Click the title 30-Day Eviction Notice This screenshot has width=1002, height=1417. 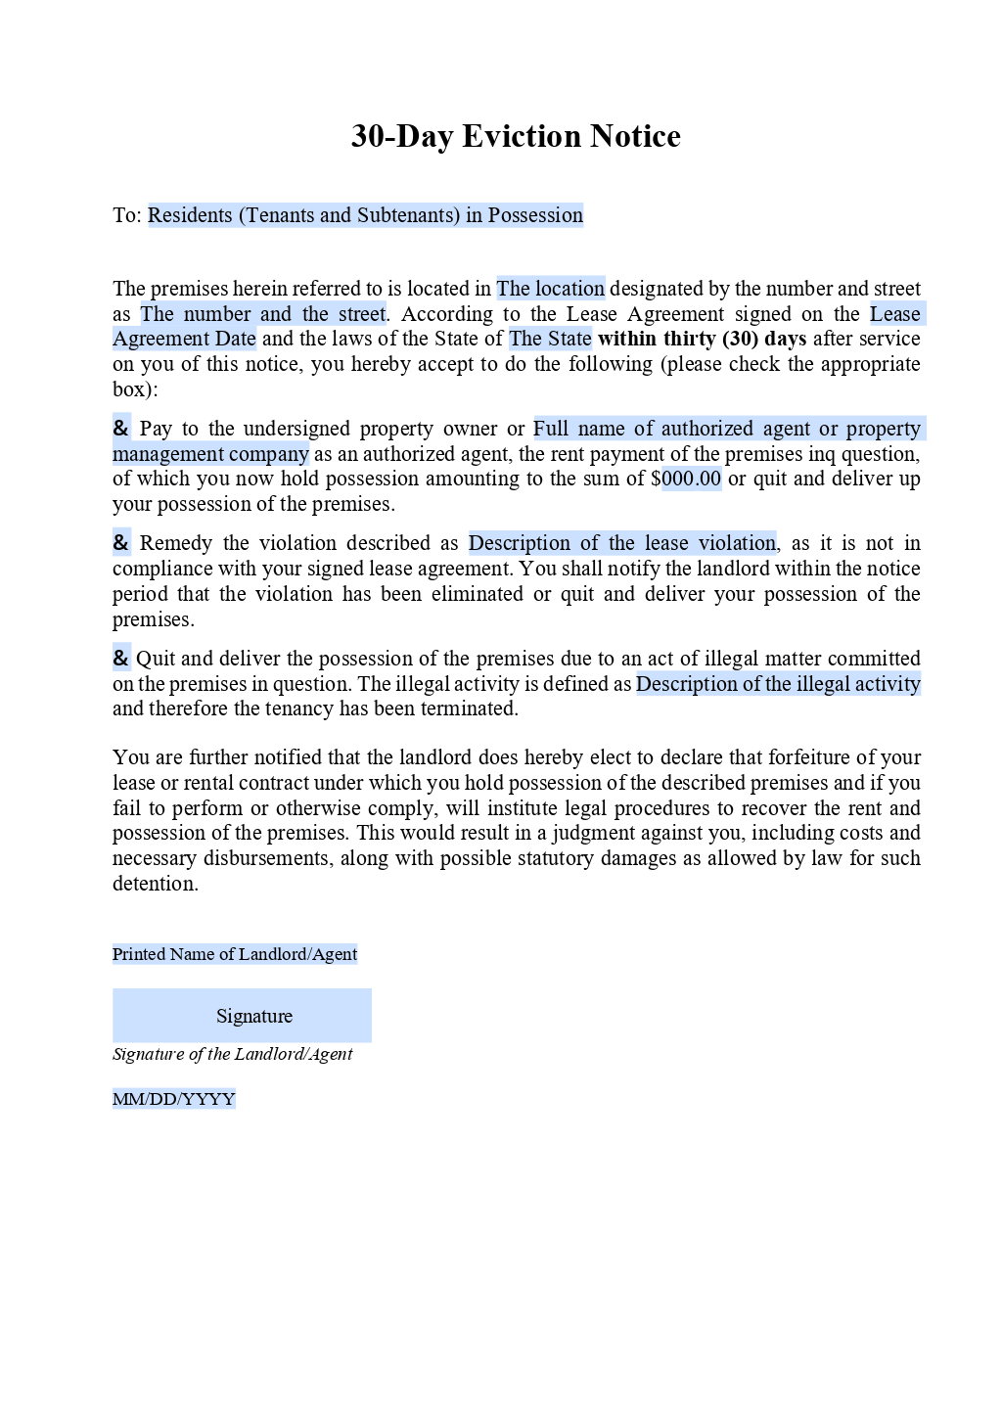coord(516,136)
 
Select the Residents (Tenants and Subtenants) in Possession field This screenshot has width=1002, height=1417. coord(365,215)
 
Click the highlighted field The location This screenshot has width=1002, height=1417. coord(550,289)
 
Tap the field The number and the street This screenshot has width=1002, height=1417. coord(263,314)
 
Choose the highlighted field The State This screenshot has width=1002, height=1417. coord(550,340)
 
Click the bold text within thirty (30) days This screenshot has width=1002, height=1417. coord(702,340)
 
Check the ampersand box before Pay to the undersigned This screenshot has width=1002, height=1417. coord(121,429)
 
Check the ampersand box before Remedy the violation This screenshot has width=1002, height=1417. coord(121,543)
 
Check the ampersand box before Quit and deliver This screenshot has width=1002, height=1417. coord(121,659)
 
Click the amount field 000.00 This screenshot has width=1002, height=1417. coord(691,480)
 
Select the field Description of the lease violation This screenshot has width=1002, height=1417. coord(622,543)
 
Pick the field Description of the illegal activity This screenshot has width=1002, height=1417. coord(778,684)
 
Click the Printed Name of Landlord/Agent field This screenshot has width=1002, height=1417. coord(235,954)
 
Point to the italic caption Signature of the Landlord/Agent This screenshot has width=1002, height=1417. coord(233,1054)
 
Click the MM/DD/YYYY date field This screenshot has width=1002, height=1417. coord(174,1099)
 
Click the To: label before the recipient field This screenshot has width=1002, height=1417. coord(127,215)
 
